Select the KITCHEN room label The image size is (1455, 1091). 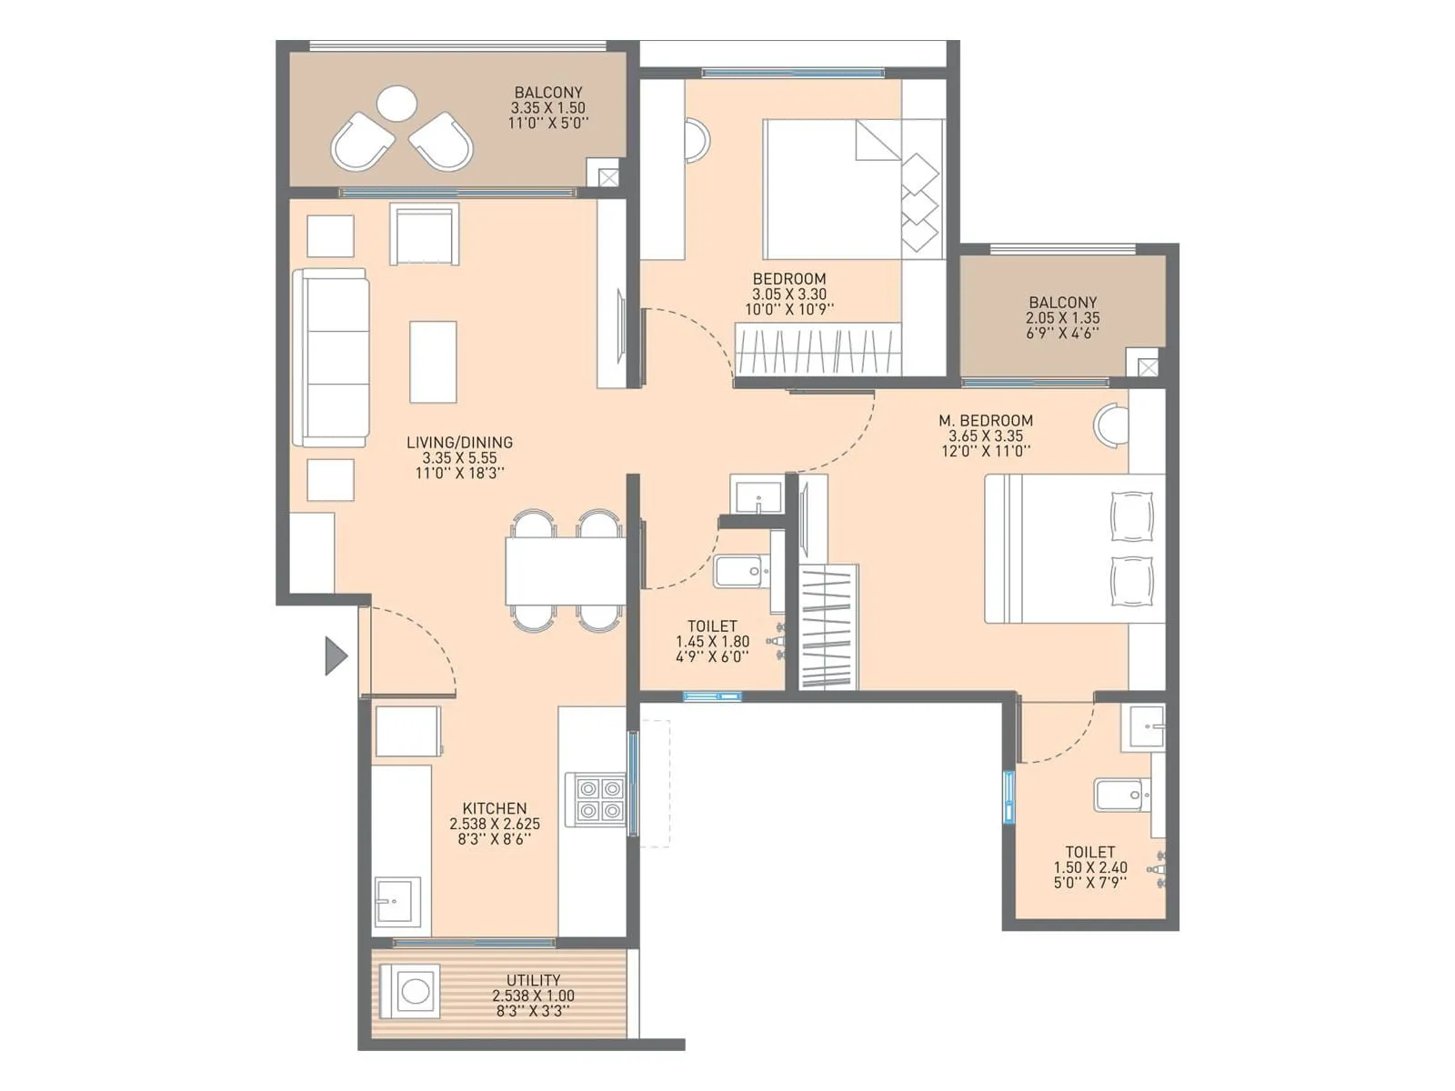click(x=494, y=808)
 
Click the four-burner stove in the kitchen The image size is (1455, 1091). click(x=596, y=799)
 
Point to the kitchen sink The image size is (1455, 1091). click(x=397, y=902)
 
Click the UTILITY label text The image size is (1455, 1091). click(x=533, y=980)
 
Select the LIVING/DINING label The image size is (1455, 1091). click(x=459, y=443)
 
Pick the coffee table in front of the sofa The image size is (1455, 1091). click(x=433, y=362)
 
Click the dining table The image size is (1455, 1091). click(x=565, y=570)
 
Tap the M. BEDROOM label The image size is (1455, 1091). click(x=986, y=421)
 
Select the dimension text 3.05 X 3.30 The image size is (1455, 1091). click(x=789, y=295)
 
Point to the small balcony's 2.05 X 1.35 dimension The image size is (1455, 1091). click(x=1062, y=318)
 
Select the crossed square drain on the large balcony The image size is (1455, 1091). click(x=607, y=177)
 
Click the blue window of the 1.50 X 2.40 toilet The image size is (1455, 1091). click(x=1008, y=797)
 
